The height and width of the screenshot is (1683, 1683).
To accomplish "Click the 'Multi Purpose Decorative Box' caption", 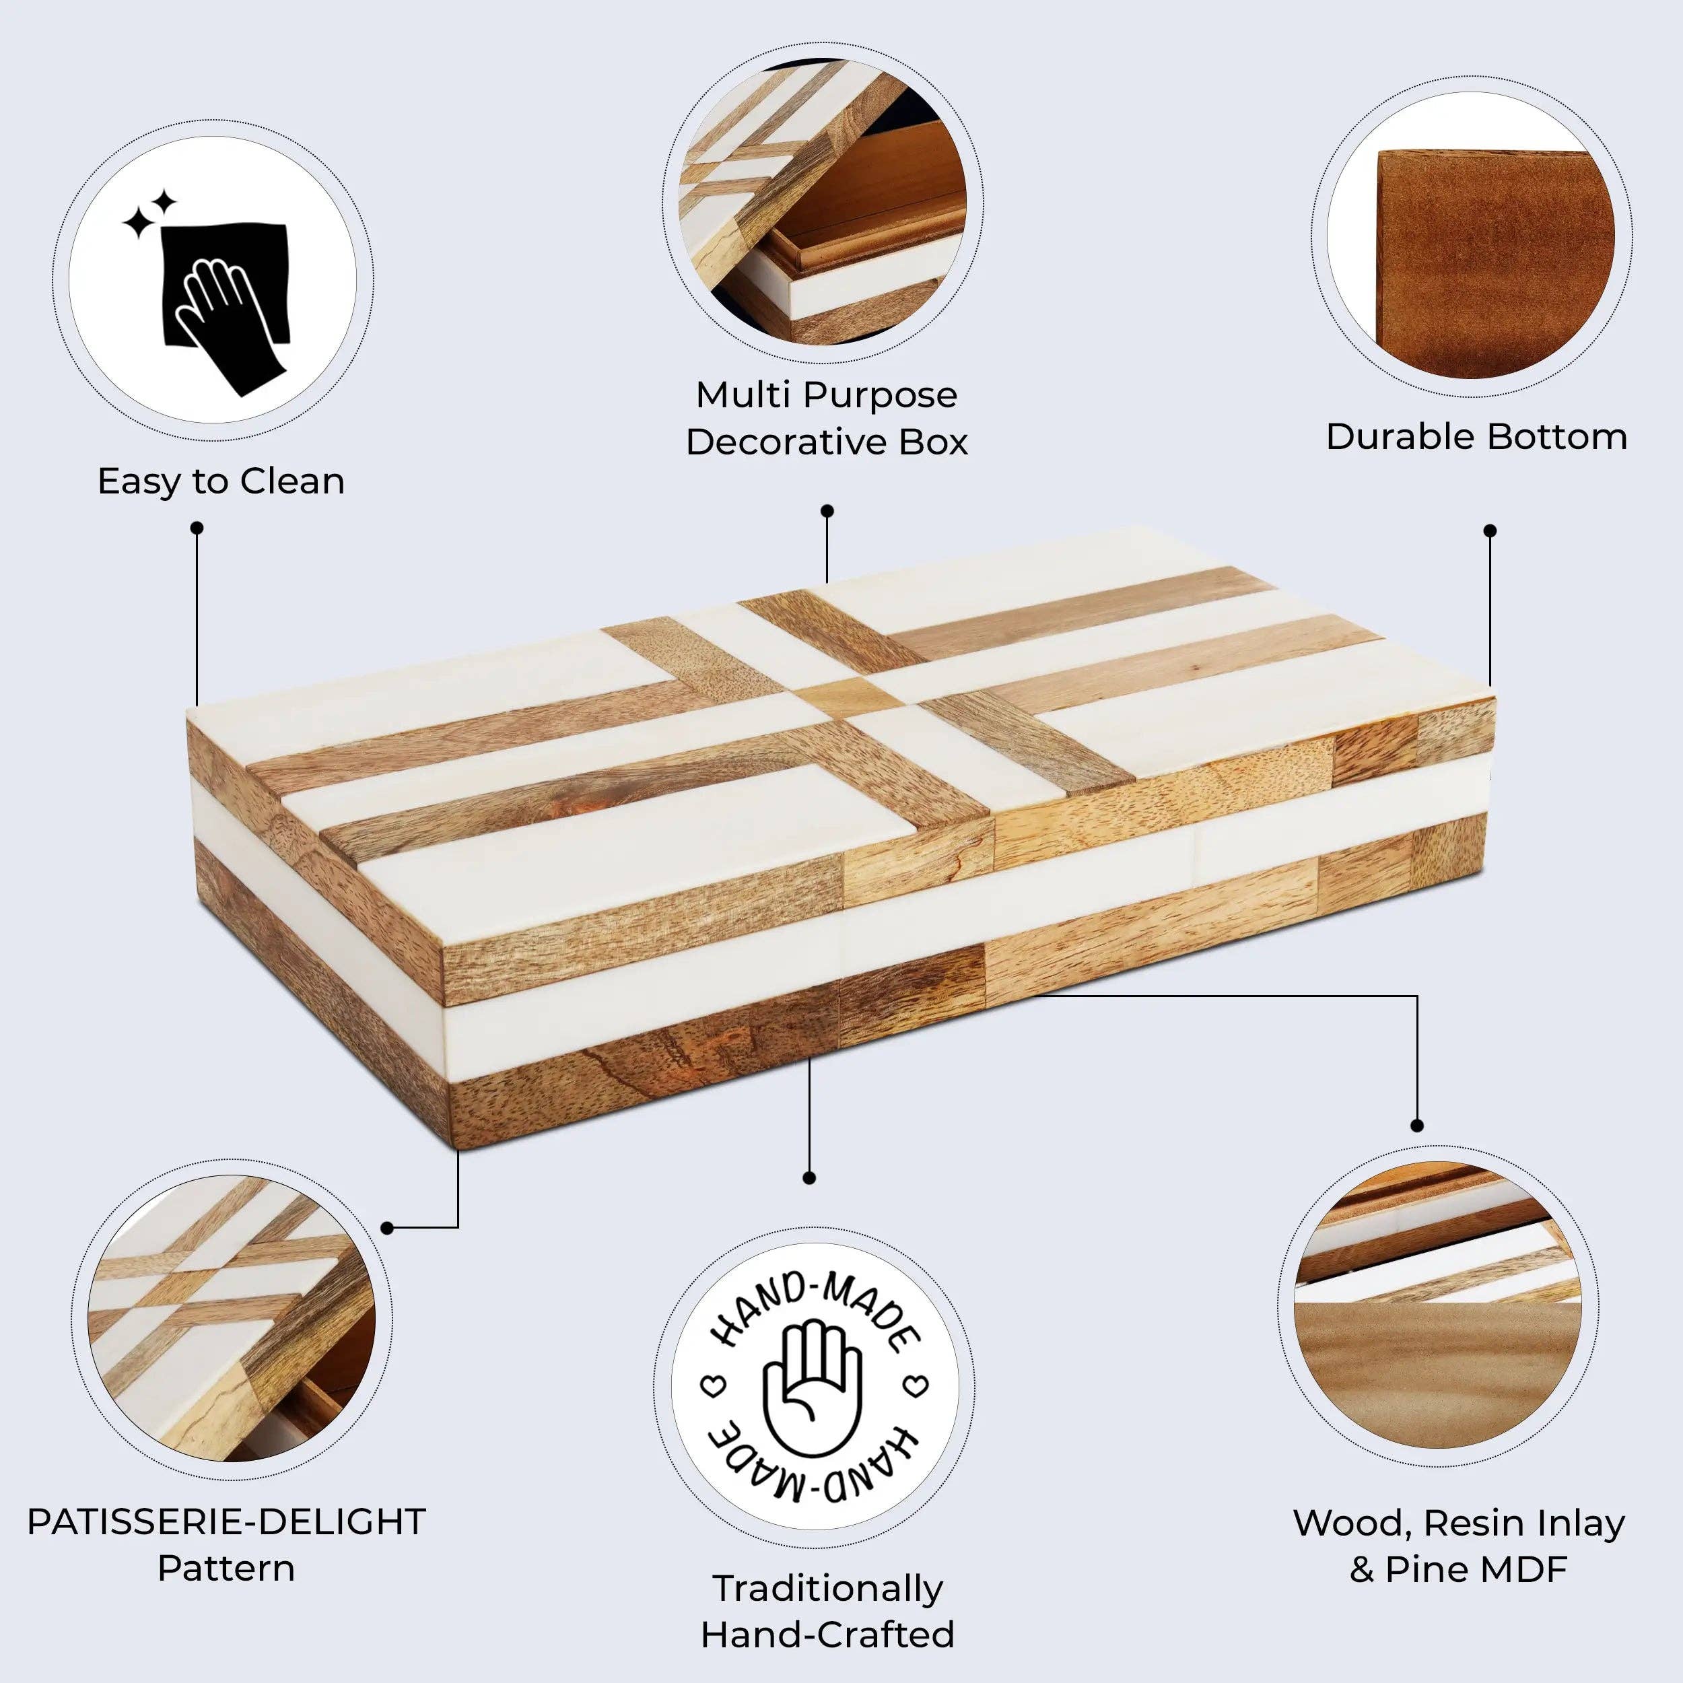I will coord(826,418).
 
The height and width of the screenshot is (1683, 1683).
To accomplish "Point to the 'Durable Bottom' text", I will coord(1476,436).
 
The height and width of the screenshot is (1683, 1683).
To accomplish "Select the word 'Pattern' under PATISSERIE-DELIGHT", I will coord(226,1568).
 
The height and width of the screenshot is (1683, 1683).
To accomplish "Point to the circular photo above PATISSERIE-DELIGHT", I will coord(232,1325).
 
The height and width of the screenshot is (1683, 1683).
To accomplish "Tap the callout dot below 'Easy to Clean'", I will coord(197,528).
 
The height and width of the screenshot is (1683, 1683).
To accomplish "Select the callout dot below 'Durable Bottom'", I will coord(1490,530).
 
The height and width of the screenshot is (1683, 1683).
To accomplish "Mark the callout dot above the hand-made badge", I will coord(809,1177).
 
